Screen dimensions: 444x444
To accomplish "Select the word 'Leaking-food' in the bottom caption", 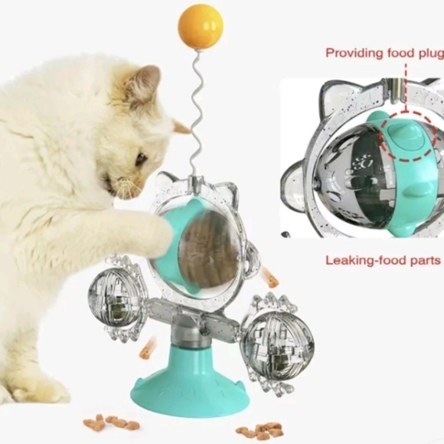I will [364, 260].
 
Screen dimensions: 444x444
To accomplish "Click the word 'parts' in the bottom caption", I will [425, 260].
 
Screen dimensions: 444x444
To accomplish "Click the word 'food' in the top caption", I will [395, 53].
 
